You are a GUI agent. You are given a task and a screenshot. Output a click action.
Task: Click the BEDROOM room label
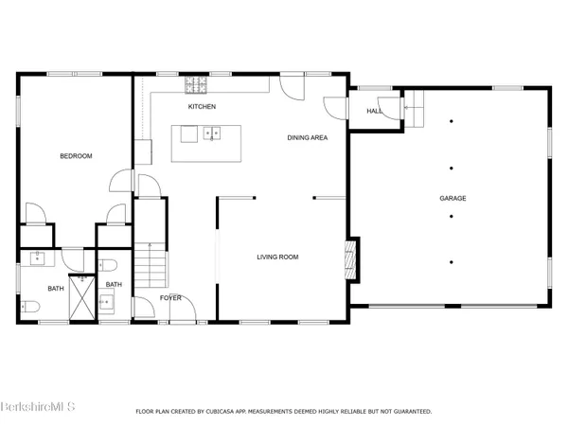(x=76, y=156)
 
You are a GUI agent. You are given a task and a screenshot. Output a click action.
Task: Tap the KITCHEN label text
(x=203, y=107)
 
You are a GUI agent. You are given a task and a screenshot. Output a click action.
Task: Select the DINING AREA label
(x=308, y=138)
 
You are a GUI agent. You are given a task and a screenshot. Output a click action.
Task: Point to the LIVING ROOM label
(x=278, y=257)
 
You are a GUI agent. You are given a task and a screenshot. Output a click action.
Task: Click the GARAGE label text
(x=452, y=198)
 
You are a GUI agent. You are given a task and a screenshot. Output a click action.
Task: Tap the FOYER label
(x=170, y=297)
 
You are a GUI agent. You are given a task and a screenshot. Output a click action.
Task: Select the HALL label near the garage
(x=374, y=111)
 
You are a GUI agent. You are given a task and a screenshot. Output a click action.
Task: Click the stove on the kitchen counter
(x=197, y=86)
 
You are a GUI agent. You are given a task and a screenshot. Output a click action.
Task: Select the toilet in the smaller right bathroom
(x=109, y=265)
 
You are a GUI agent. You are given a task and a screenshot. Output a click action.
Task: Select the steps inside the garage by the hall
(x=413, y=108)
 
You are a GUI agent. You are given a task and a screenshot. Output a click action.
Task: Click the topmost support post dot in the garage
(x=452, y=121)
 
